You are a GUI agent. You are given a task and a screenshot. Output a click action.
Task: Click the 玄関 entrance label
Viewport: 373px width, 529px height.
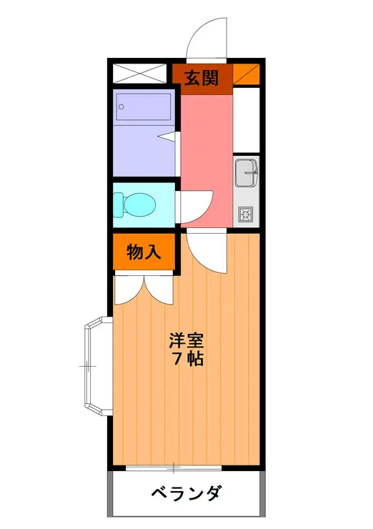coord(202,79)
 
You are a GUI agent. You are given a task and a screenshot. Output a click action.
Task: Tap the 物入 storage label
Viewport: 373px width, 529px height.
coord(143,252)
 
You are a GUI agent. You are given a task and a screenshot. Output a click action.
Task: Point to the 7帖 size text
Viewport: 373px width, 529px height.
coord(187,359)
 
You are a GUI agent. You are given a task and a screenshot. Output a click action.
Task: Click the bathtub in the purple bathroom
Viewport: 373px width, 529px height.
coord(144,108)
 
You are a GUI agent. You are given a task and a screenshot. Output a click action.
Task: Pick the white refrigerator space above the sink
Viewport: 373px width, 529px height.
coord(246,119)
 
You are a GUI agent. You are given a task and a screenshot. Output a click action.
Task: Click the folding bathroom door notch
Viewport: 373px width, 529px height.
coord(169,134)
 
